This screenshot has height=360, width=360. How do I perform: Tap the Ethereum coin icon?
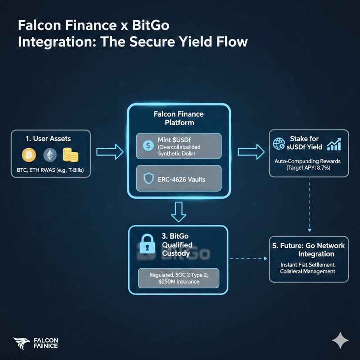(x=49, y=154)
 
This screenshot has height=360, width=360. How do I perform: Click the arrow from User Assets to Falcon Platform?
(x=109, y=152)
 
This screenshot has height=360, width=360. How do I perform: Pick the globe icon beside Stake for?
(x=278, y=144)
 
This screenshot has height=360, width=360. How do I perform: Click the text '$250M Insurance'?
(x=178, y=282)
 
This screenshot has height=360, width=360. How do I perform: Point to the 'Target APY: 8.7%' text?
(x=308, y=167)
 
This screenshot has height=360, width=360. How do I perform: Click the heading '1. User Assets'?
(x=48, y=139)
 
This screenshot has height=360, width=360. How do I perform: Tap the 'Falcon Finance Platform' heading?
(x=178, y=118)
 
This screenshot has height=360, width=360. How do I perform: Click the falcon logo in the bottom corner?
(x=20, y=343)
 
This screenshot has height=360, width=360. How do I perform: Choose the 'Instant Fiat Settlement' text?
(x=308, y=264)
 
